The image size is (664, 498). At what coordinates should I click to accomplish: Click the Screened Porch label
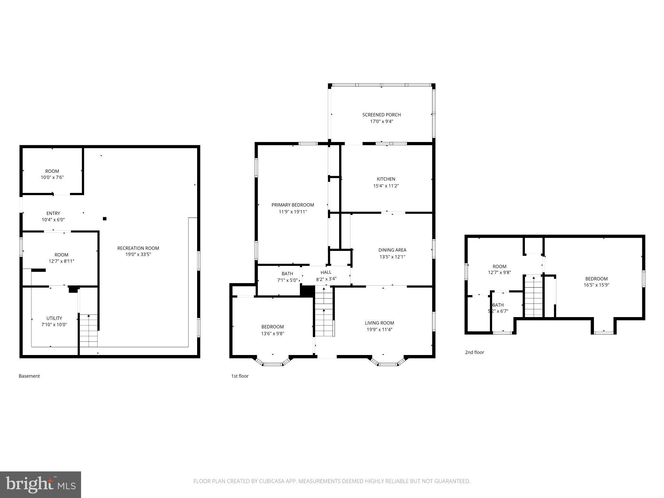381,115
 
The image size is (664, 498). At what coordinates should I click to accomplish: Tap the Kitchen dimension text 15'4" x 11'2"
386,186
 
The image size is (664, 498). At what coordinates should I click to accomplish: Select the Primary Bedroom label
292,205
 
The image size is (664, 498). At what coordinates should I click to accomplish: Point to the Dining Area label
392,250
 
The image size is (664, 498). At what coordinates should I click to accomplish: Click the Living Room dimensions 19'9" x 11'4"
379,329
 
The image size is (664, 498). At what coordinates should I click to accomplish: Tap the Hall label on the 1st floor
326,272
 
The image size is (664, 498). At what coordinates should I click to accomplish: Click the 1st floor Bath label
287,274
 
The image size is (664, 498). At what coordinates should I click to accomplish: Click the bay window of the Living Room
388,362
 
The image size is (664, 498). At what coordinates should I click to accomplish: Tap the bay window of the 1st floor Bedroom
273,362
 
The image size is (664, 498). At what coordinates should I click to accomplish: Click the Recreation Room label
138,248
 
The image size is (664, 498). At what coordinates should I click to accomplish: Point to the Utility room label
54,318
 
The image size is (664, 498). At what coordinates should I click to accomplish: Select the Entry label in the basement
53,213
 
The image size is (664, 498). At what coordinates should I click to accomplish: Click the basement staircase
89,331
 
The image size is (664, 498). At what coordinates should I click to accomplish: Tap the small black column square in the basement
105,219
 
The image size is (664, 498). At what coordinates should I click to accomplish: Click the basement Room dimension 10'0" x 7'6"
52,177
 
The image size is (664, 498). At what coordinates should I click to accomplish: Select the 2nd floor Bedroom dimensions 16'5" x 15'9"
596,285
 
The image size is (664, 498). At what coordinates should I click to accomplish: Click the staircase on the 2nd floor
533,296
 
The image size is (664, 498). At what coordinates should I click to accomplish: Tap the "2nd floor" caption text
474,352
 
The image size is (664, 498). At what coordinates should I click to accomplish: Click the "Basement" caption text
29,376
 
